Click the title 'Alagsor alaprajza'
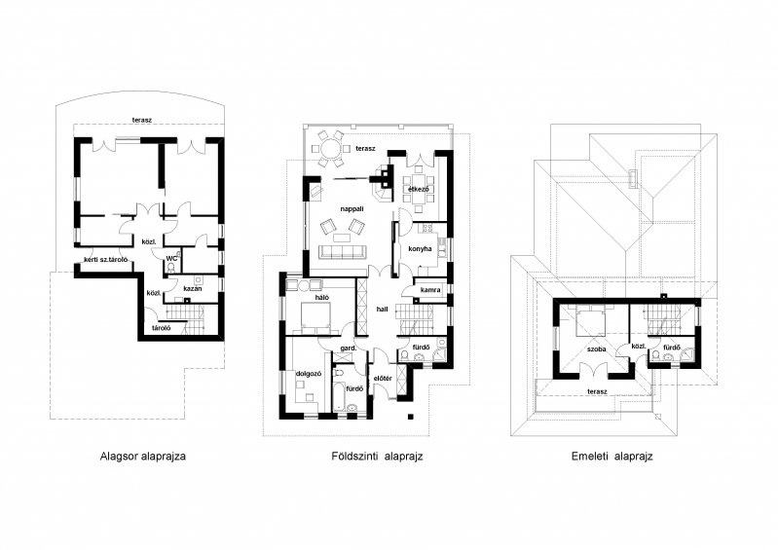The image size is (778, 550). [143, 456]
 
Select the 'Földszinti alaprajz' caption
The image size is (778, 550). [377, 456]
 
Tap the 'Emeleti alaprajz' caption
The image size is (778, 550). [611, 456]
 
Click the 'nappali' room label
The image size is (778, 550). [352, 208]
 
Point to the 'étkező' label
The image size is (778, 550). [419, 190]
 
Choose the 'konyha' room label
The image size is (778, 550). [420, 248]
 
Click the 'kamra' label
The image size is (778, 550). [430, 290]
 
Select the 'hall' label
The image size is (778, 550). [382, 309]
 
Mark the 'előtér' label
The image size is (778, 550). [383, 379]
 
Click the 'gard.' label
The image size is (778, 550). [349, 348]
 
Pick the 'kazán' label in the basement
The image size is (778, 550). [193, 288]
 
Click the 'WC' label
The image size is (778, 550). [171, 258]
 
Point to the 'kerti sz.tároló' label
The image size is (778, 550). [106, 259]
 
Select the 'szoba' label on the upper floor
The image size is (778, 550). [596, 348]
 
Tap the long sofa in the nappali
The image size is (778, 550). [343, 251]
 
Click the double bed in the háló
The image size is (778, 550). [315, 318]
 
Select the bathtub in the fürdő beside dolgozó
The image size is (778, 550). [339, 389]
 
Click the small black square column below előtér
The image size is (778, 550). [410, 416]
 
